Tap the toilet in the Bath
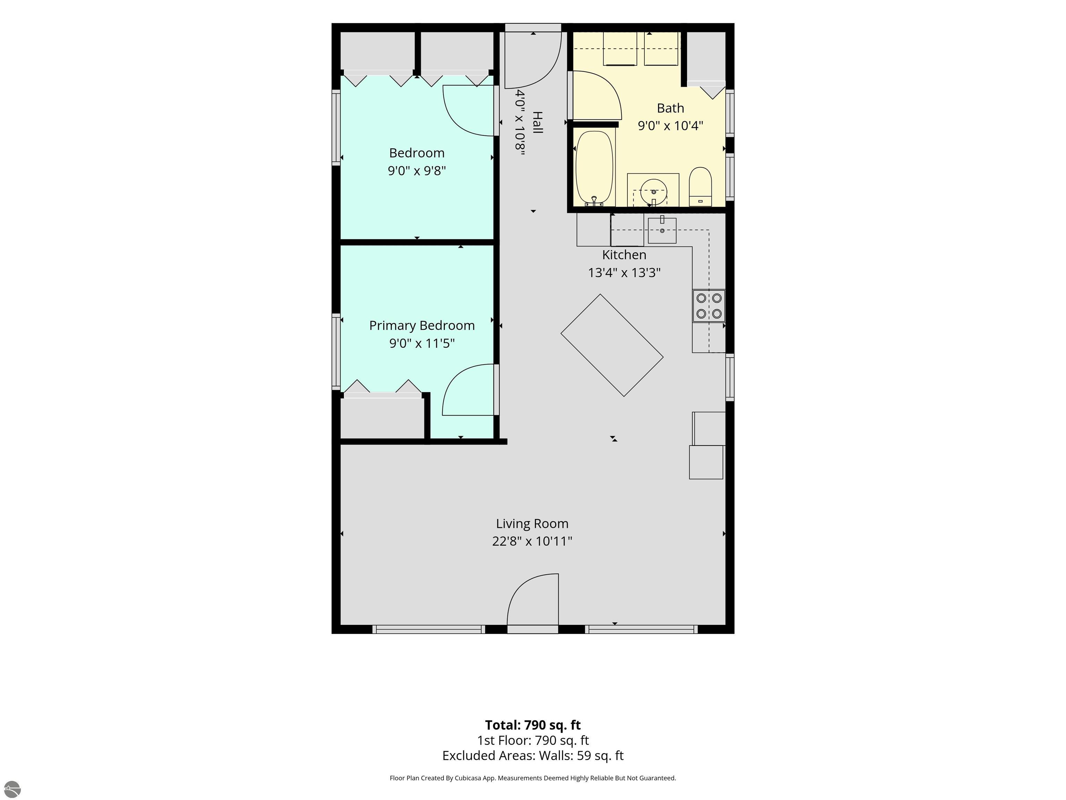pyautogui.click(x=700, y=186)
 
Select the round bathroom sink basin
pyautogui.click(x=653, y=191)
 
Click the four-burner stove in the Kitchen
pyautogui.click(x=709, y=306)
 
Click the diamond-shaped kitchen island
pyautogui.click(x=612, y=345)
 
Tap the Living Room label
pyautogui.click(x=532, y=523)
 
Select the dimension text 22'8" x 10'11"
pyautogui.click(x=532, y=541)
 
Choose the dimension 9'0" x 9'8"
pyautogui.click(x=417, y=171)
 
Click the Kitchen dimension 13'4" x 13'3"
pyautogui.click(x=624, y=273)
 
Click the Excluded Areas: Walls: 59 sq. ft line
pyautogui.click(x=533, y=755)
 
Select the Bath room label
pyautogui.click(x=670, y=108)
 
